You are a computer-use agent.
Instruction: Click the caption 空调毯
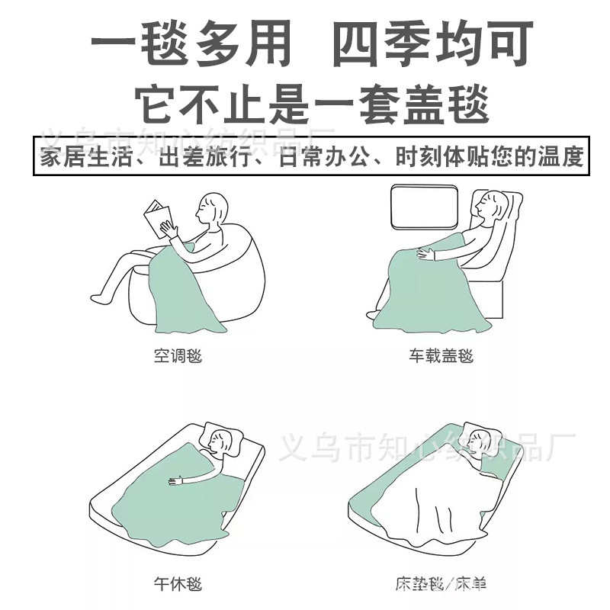tap(177, 355)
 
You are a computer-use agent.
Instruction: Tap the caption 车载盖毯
tap(441, 355)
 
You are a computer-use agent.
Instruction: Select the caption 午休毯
tap(177, 585)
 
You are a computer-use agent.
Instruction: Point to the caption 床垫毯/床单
tap(441, 585)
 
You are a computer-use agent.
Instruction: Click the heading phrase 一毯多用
tap(191, 46)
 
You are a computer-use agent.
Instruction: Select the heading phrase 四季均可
tap(432, 46)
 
